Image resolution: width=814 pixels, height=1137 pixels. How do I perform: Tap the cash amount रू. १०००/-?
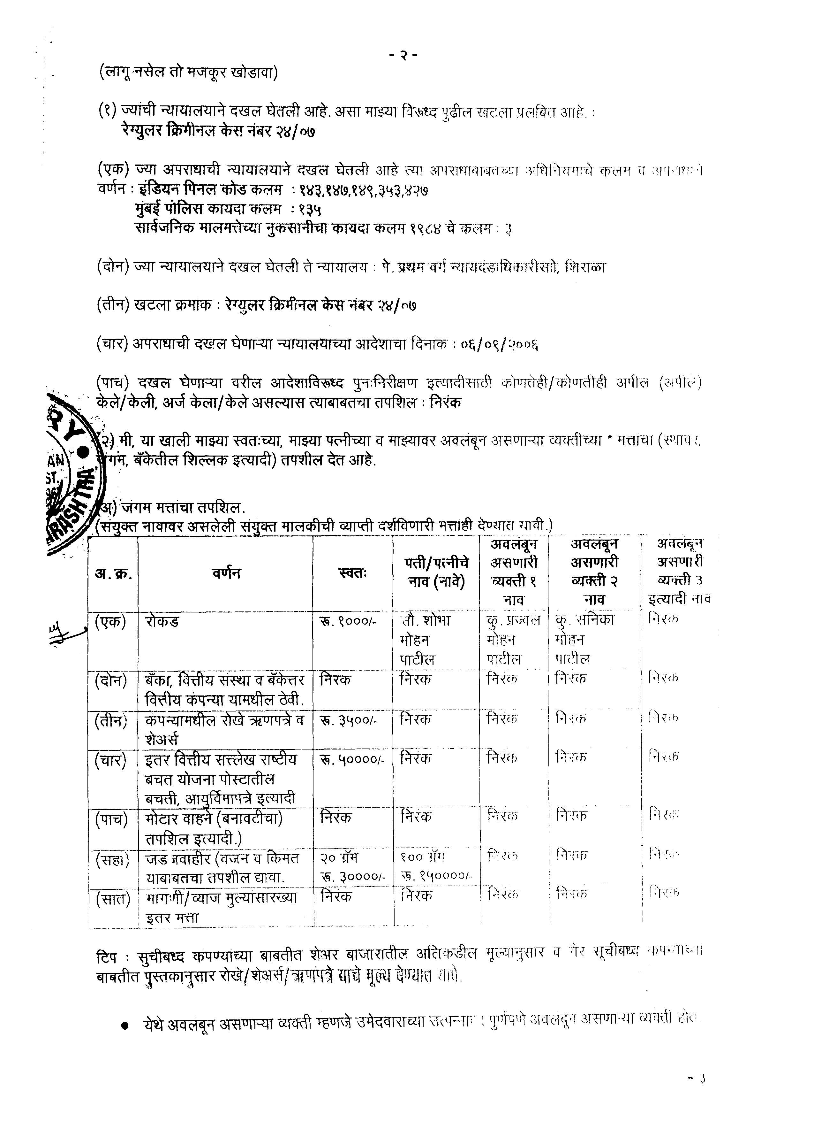(x=347, y=622)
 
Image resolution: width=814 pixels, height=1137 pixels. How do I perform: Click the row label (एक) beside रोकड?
(x=110, y=622)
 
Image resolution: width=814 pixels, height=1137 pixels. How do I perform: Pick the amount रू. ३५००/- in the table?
(x=347, y=720)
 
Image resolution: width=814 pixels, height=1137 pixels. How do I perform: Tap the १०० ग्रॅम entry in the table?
(x=423, y=856)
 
